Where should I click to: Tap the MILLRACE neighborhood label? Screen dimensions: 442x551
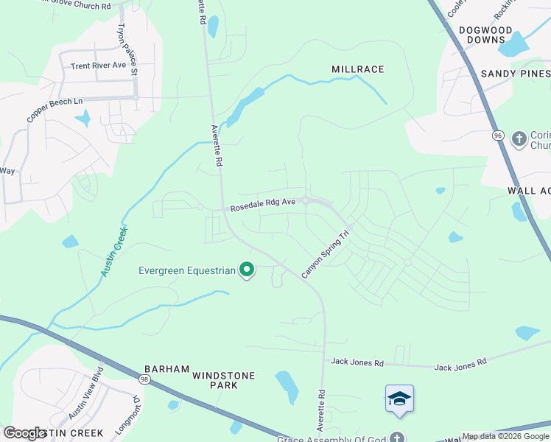[x=358, y=69]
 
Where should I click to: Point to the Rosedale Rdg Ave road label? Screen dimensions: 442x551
[x=263, y=205]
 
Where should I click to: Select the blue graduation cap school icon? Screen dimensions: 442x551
[x=399, y=399]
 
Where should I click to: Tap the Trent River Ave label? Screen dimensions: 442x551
[x=99, y=66]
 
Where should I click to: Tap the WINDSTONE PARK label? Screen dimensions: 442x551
[x=224, y=380]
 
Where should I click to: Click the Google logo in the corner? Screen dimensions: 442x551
[x=24, y=433]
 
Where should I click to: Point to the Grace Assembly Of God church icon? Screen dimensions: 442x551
[x=399, y=436]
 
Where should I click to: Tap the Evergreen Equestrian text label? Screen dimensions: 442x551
[x=187, y=270]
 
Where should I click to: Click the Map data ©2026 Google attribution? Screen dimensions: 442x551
[x=505, y=436]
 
